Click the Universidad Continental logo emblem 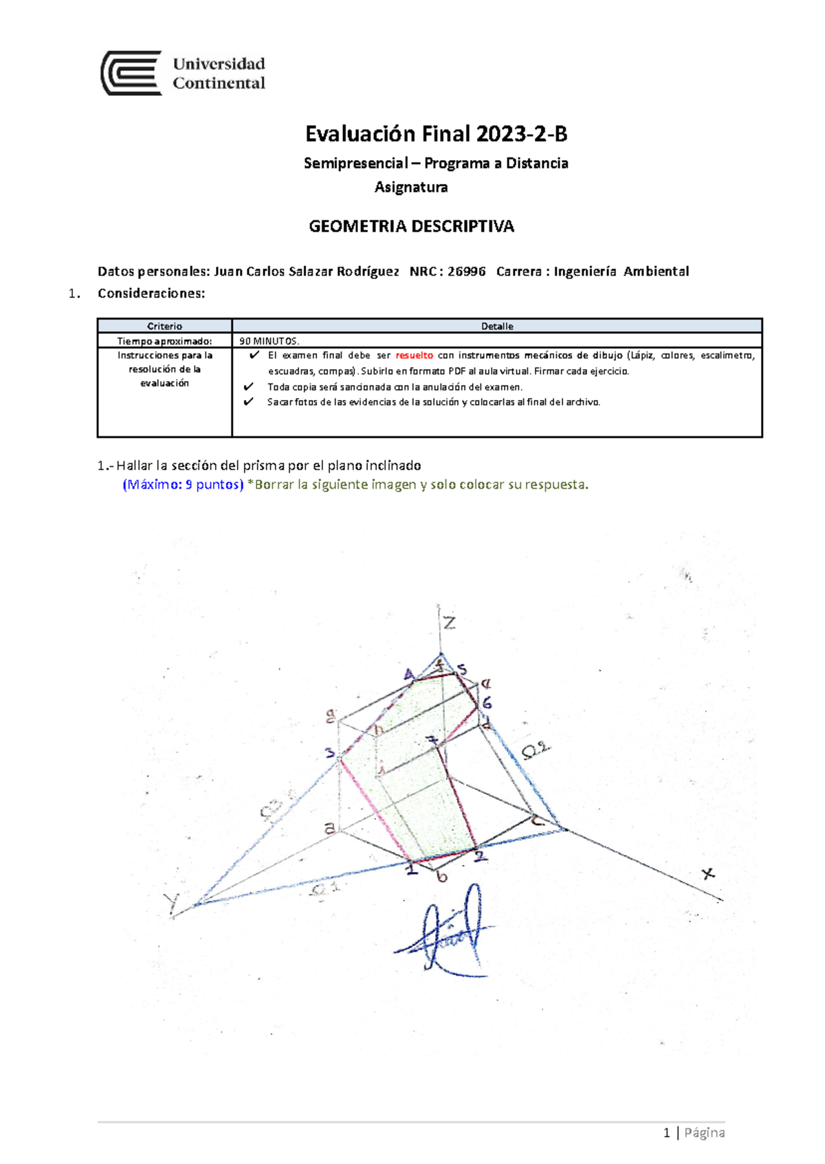point(131,73)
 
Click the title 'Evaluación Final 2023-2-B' point(436,134)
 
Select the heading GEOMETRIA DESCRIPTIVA point(411,227)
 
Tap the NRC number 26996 point(466,271)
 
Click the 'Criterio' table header point(164,326)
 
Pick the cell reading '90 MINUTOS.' point(269,341)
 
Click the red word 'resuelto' point(414,355)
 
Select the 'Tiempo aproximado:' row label point(164,341)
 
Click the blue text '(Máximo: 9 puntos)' point(183,484)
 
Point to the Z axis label point(449,623)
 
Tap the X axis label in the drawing point(708,873)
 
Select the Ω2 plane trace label point(536,750)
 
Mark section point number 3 point(330,753)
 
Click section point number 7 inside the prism point(432,741)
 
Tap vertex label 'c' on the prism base point(538,820)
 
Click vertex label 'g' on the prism point(331,717)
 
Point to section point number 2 point(480,856)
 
